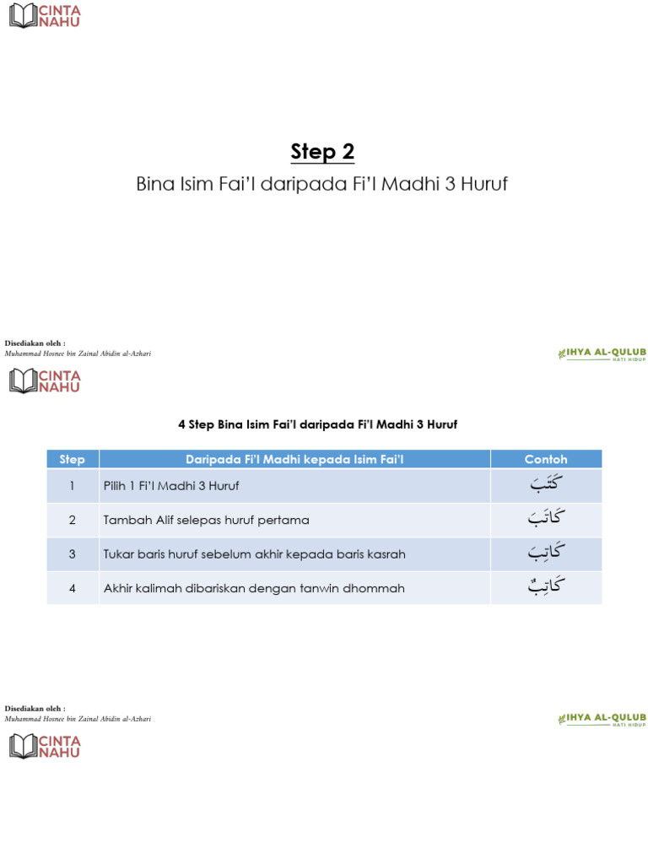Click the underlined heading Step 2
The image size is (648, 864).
[322, 152]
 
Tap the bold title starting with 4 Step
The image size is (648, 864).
[317, 424]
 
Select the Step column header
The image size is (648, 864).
[73, 460]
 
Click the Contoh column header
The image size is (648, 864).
[546, 460]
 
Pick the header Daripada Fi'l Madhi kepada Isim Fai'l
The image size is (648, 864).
[294, 460]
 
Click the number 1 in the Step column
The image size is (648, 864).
[73, 486]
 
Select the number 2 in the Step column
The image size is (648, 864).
[73, 521]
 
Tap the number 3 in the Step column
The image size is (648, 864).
[73, 554]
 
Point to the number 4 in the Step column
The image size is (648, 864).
[73, 588]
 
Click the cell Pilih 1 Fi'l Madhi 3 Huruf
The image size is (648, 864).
[171, 486]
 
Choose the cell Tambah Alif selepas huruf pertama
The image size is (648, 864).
[206, 521]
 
